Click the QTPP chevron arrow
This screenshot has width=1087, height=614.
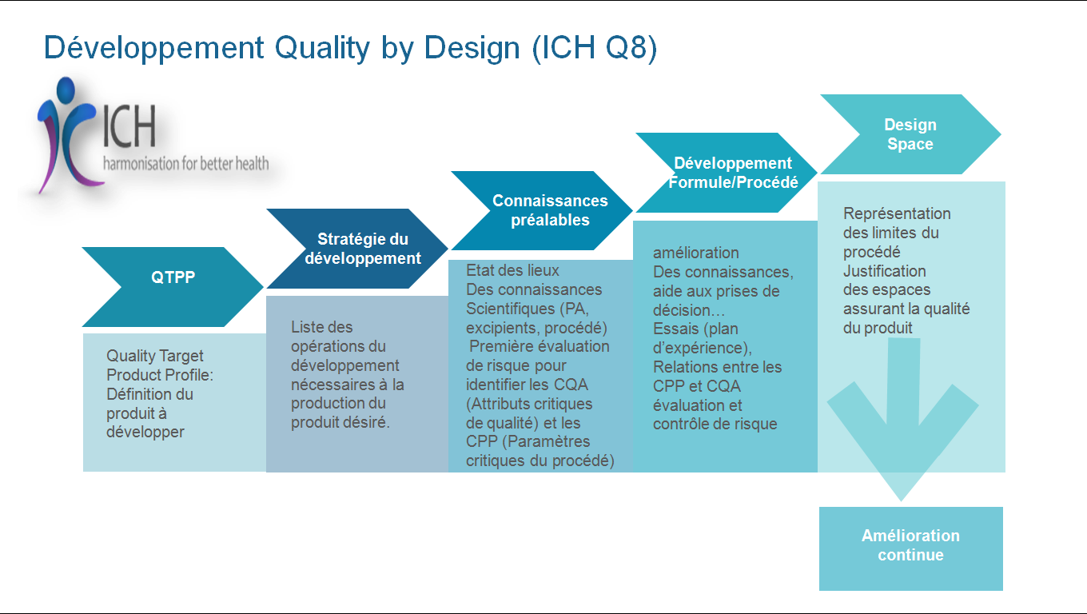point(173,287)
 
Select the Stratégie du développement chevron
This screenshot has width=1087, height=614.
point(357,249)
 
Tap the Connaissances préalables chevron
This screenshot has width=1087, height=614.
point(542,210)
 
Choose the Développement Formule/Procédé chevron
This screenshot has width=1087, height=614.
point(727,173)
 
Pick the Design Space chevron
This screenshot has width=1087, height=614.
point(910,134)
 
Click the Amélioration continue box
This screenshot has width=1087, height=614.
point(911,548)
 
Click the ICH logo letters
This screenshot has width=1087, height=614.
point(129,126)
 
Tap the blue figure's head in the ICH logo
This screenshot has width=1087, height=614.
point(66,90)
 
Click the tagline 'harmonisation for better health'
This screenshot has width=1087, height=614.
point(186,164)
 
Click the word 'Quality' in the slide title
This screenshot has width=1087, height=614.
point(322,49)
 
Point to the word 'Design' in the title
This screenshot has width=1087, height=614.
point(472,49)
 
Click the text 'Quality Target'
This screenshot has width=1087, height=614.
point(155,357)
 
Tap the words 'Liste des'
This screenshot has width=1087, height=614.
point(322,327)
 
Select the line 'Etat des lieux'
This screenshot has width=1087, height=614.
point(512,270)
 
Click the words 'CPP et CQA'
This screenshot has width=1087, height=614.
point(696,386)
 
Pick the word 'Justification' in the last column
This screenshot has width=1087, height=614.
point(884,271)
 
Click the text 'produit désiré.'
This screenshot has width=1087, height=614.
point(340,423)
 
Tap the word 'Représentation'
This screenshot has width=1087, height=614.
point(897,214)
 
